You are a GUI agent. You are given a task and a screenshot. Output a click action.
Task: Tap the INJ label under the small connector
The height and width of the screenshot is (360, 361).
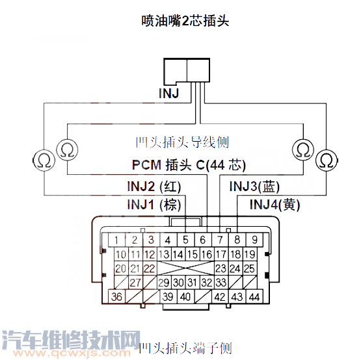tap(170, 94)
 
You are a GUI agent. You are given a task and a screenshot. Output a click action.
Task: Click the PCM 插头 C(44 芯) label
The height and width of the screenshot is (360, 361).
tap(189, 164)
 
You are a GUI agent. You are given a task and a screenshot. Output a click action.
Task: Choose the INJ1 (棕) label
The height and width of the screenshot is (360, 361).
tap(154, 205)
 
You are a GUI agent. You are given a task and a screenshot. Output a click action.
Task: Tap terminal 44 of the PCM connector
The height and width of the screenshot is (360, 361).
tap(254, 297)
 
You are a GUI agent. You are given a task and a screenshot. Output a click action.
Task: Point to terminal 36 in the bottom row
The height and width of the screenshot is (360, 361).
tap(117, 297)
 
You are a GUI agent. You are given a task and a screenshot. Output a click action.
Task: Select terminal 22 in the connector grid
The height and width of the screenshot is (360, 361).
tap(150, 268)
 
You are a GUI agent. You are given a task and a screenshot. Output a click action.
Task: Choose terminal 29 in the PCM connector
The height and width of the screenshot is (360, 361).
tap(163, 283)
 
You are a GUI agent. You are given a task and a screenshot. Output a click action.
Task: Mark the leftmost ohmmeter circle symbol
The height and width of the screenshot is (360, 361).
tap(43, 158)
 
